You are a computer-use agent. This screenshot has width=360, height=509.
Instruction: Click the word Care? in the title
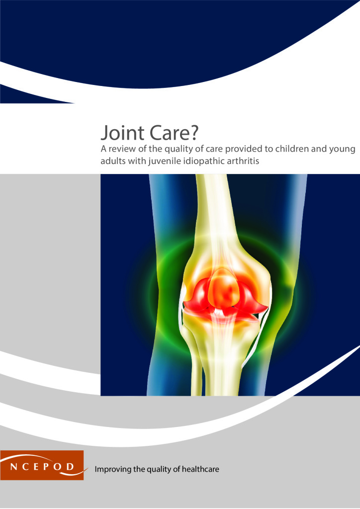[x=175, y=132]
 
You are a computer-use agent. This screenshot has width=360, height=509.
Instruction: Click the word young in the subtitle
[x=342, y=150]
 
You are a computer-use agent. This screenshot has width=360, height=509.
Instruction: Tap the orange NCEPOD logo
[x=42, y=465]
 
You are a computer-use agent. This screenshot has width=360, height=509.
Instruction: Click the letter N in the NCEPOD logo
[x=13, y=467]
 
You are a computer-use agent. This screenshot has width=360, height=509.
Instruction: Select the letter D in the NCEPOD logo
[x=70, y=467]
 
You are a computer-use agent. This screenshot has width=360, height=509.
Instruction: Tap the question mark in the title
[x=194, y=132]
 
